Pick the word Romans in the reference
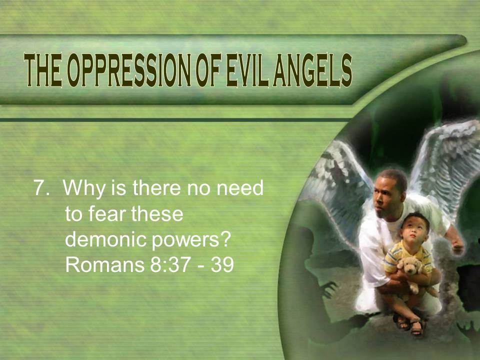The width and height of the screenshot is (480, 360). coord(104,264)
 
